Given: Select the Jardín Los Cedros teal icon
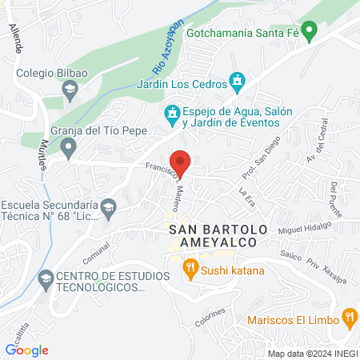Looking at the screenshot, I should click(x=237, y=81).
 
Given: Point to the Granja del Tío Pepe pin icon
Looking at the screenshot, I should click(x=70, y=146).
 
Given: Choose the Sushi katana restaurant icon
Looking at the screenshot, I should click(x=190, y=268).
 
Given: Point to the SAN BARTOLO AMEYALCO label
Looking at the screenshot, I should click(x=213, y=235).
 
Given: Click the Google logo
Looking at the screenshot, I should click(x=26, y=350).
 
